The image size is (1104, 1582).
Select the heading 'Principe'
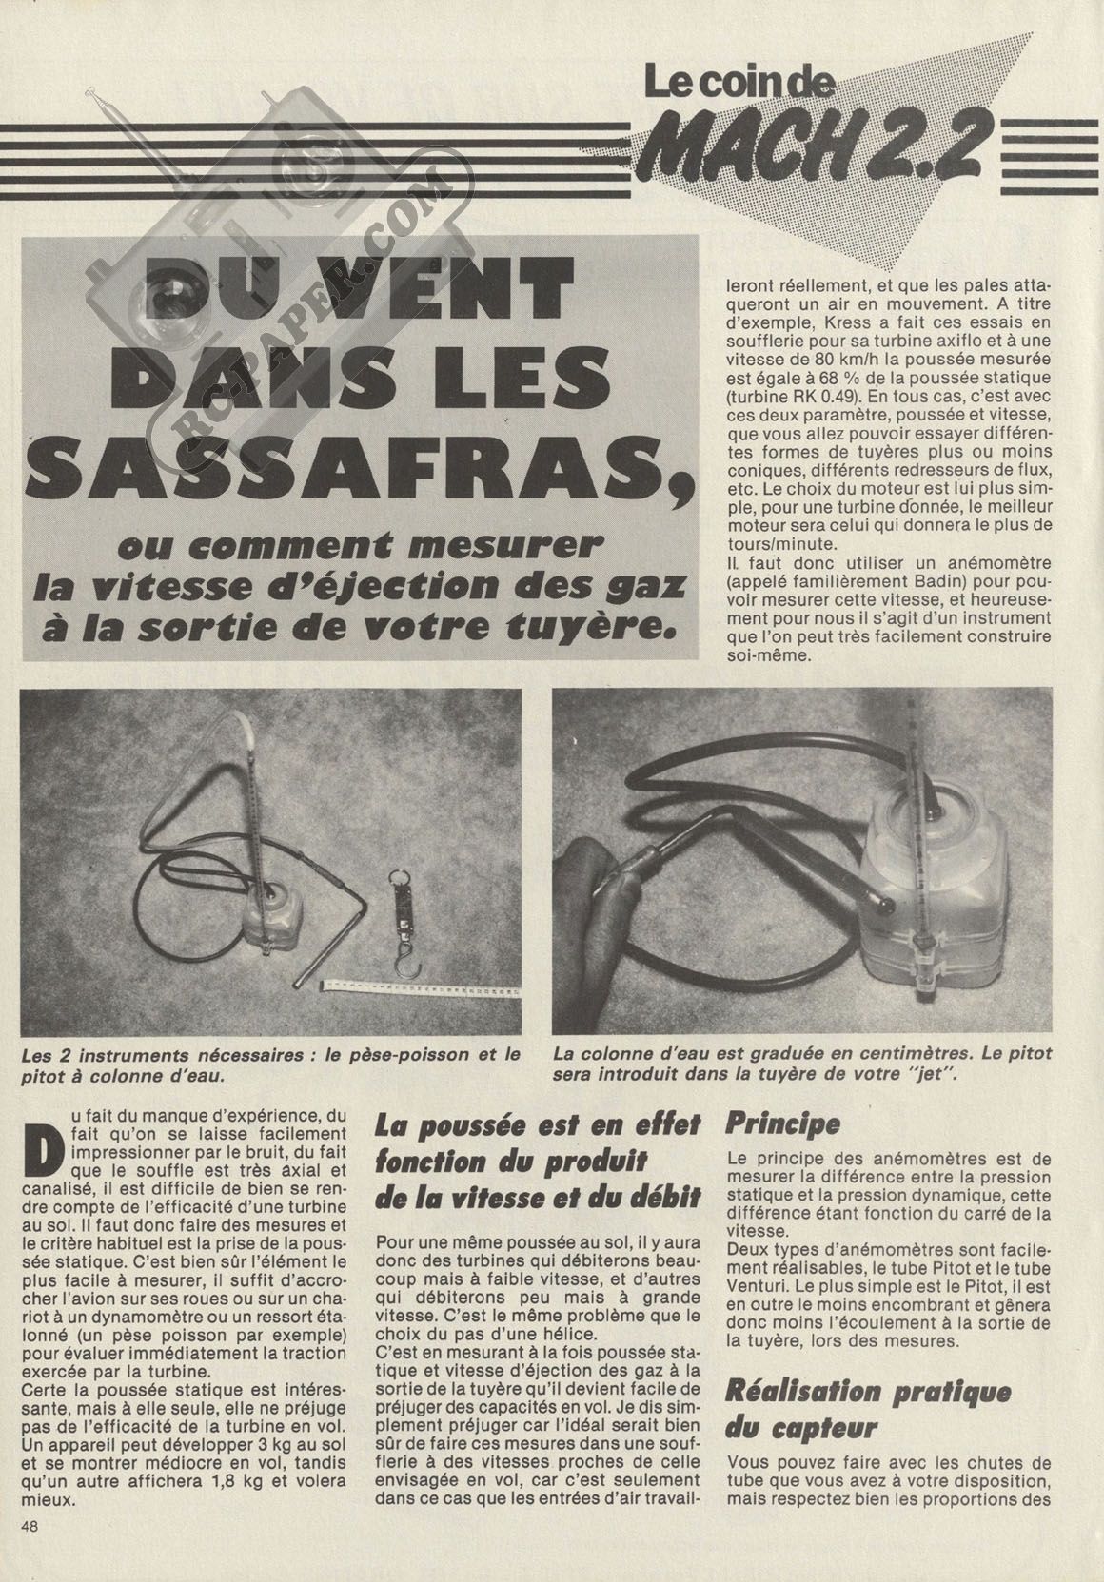pos(783,1123)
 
